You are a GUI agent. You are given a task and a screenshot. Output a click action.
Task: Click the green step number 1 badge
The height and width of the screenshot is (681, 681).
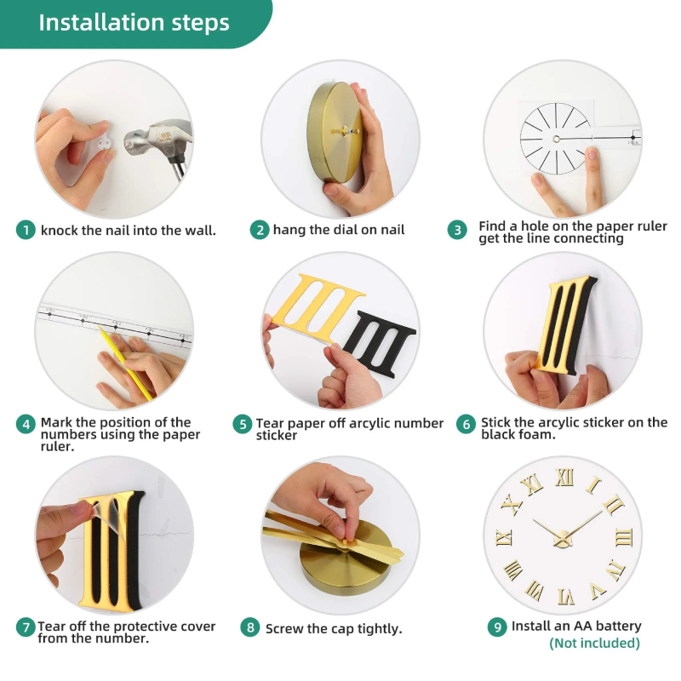[26, 230]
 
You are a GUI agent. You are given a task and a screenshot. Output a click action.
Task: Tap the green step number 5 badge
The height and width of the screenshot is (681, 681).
[243, 424]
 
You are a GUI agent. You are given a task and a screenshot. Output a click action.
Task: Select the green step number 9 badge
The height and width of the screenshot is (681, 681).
[497, 627]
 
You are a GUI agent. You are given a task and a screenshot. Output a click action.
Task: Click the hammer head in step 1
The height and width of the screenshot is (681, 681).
[157, 138]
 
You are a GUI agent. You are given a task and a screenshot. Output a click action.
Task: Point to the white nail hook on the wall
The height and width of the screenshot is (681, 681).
[103, 143]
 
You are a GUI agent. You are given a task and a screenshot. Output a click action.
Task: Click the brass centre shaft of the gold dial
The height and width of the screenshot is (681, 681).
[346, 131]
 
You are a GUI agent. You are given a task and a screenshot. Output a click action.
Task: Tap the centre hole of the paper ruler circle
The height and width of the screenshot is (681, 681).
[557, 139]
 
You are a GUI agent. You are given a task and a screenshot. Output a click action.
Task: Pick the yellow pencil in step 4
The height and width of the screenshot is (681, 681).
[125, 363]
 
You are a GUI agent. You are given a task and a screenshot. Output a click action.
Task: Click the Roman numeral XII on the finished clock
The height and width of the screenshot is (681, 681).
[564, 478]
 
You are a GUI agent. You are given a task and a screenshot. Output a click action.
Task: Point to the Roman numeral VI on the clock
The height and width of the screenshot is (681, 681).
[566, 597]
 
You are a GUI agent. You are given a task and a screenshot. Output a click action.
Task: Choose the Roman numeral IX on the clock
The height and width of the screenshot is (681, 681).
[504, 538]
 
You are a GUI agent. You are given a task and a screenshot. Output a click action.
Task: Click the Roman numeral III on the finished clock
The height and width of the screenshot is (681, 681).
[624, 538]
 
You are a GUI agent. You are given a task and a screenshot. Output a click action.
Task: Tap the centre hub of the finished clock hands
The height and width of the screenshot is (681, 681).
[563, 539]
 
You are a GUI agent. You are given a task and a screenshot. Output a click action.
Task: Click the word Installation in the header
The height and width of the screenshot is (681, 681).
[101, 22]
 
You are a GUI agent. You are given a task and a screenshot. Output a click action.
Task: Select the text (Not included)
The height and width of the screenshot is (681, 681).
[594, 644]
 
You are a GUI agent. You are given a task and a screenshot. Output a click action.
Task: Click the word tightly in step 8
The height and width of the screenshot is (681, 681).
[379, 629]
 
